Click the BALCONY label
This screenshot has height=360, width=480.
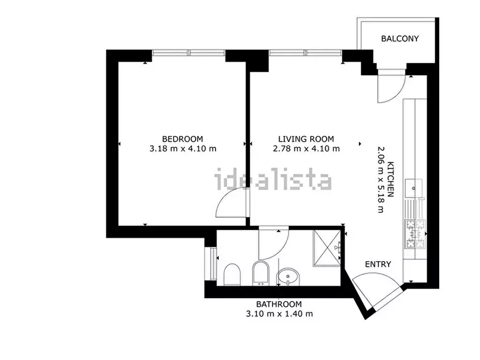[x=400, y=39]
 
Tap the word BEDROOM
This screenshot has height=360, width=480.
[x=182, y=139]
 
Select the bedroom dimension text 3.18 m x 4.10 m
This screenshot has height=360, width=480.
[x=183, y=149]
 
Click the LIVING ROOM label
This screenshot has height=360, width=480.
[x=306, y=139]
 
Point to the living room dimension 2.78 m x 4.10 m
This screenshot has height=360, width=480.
[x=306, y=149]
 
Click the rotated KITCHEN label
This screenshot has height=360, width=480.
[x=391, y=179]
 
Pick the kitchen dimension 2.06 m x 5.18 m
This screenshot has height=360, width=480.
[x=381, y=179]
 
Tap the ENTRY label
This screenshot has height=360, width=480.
[x=378, y=264]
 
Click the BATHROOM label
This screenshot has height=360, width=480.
[x=279, y=304]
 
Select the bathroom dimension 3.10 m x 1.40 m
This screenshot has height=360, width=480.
[x=280, y=314]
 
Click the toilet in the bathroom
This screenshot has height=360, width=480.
[x=232, y=275]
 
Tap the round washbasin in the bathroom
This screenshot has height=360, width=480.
[x=288, y=277]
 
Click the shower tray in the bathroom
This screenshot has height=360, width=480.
[x=327, y=248]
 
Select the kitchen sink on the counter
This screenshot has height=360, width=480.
[x=413, y=188]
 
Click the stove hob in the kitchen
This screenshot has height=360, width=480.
[x=415, y=234]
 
